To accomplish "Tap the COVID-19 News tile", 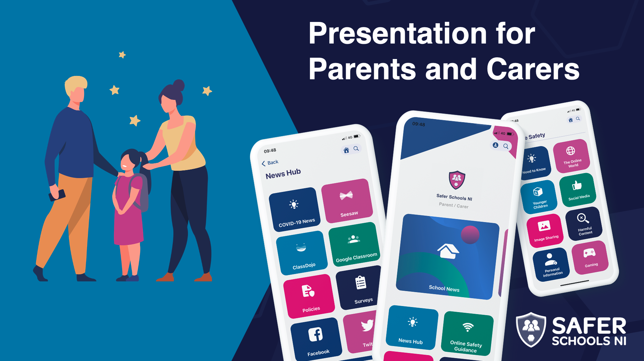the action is coord(295,209).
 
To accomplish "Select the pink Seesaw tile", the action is coord(347,201).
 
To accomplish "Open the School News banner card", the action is coord(448,257).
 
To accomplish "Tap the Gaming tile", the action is coord(590,257).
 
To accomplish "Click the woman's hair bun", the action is coord(178,85).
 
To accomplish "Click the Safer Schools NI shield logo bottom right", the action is coord(531,330).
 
